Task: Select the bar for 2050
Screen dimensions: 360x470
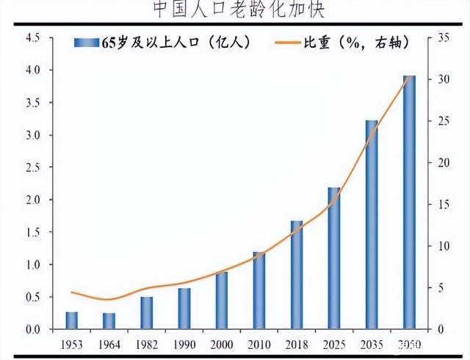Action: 409,202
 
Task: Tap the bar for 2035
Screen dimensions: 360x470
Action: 372,225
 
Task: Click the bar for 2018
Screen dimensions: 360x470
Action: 297,275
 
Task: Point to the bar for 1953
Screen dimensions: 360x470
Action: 71,320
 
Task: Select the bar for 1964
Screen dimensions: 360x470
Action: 109,321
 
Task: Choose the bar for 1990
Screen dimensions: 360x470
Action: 184,309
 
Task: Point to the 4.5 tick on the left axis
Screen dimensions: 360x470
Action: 32,37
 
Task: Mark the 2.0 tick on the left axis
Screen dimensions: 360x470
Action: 32,200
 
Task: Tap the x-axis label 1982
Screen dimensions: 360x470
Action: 146,345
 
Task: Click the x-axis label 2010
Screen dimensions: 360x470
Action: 258,345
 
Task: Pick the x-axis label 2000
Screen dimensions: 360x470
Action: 221,345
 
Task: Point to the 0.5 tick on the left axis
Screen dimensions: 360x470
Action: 32,297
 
